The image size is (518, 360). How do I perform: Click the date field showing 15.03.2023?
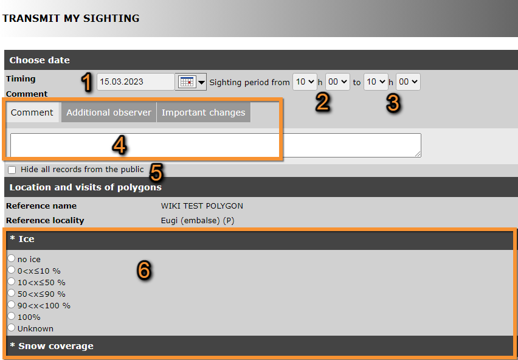click(136, 82)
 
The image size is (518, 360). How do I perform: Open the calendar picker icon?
click(187, 82)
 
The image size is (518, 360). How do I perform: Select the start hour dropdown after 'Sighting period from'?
click(305, 82)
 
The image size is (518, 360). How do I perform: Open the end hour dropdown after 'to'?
click(376, 82)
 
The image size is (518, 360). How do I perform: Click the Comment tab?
click(32, 112)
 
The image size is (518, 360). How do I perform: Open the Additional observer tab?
click(109, 112)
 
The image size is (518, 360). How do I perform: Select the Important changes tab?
click(204, 112)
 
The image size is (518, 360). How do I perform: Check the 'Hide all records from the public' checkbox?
click(12, 170)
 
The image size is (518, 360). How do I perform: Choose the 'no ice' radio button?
click(12, 258)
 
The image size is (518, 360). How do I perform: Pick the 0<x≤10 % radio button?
click(12, 270)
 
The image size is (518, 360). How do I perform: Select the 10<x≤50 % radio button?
click(12, 282)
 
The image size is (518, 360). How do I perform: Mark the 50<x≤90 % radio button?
click(12, 293)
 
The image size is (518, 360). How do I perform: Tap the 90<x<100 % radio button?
click(12, 305)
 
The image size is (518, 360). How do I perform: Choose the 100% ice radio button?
click(12, 316)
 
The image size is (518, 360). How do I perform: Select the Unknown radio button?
click(12, 328)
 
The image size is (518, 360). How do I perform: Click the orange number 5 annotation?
click(156, 173)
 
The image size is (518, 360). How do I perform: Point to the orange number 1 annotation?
click(86, 83)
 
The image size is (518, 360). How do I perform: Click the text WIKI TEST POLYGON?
click(202, 206)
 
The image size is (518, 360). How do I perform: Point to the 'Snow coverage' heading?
click(56, 346)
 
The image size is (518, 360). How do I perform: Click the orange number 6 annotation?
click(144, 270)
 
